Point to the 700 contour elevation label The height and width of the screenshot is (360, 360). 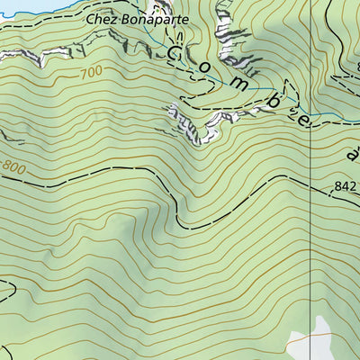91,72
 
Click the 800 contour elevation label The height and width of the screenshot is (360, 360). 13,166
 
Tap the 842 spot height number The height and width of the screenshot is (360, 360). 345,187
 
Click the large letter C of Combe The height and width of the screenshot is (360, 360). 175,53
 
